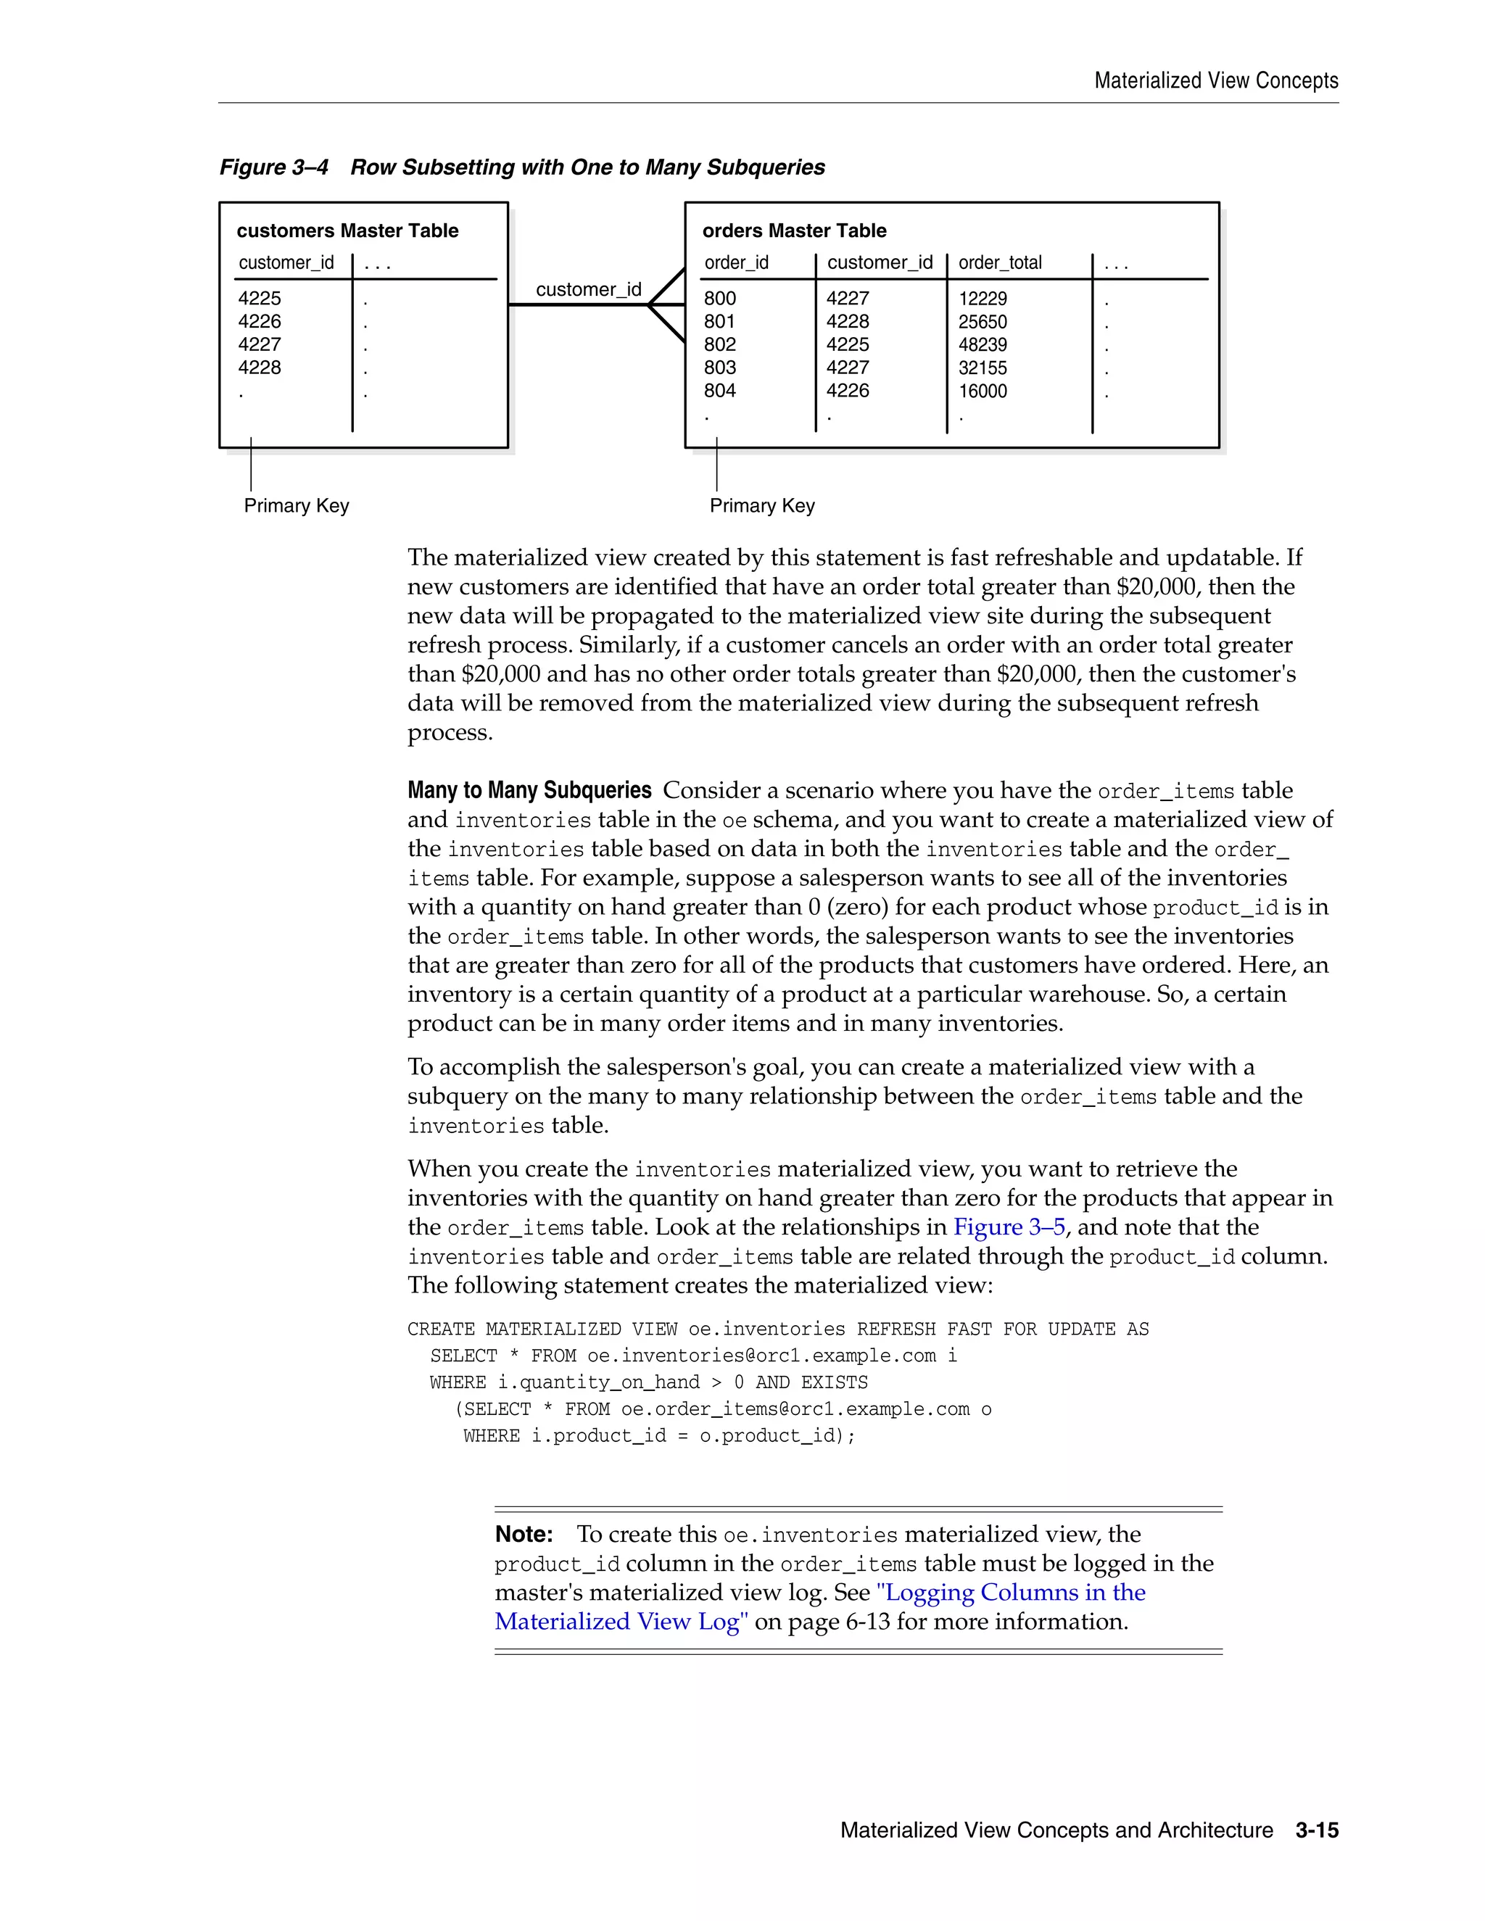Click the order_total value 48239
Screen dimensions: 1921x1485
coord(982,345)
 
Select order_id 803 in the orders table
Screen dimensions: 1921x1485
coord(719,368)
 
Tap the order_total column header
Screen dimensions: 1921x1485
coord(999,262)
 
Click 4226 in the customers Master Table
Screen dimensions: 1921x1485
coord(260,321)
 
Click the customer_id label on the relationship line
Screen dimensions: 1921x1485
coord(589,289)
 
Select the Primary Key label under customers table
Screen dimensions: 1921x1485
coord(297,506)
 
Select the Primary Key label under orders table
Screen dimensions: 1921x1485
coord(762,506)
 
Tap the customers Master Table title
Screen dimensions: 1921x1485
coord(347,231)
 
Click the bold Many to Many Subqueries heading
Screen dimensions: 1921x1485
coord(529,790)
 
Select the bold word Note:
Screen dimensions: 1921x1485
coord(524,1534)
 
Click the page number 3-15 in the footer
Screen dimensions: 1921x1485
coord(1316,1830)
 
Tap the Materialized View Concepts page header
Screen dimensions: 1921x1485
coord(1216,81)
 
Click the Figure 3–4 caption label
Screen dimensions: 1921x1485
coord(273,167)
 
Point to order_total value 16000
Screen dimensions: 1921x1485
coord(982,391)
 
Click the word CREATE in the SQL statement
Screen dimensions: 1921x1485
coord(441,1329)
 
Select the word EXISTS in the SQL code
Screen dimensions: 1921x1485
coord(834,1382)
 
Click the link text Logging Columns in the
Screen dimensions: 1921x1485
coord(1011,1593)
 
